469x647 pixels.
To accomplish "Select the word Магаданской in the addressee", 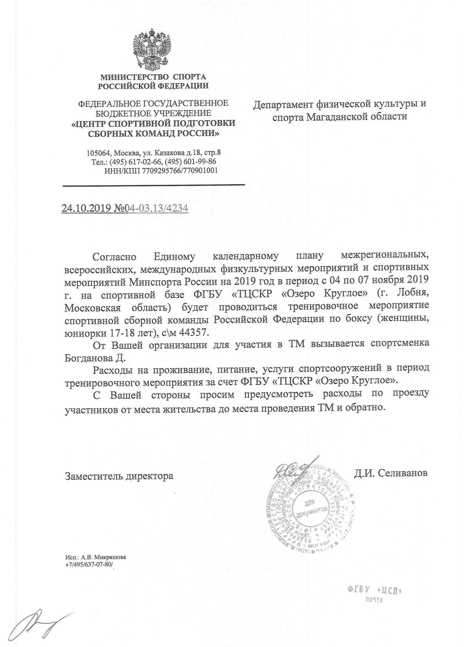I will click(332, 117).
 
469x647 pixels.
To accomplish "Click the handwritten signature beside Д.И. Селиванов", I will click(294, 471).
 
